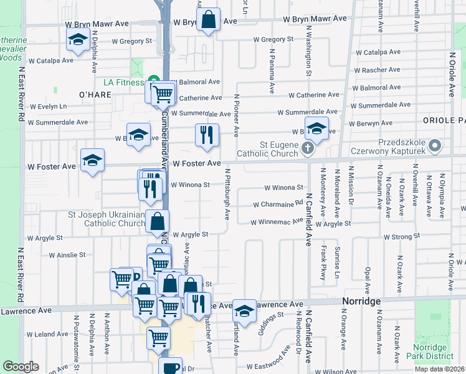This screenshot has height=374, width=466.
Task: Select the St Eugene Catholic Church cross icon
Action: point(307,148)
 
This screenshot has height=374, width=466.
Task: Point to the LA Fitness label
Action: point(123,82)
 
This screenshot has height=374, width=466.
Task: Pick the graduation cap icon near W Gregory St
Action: point(77,40)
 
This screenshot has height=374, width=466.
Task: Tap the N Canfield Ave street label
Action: point(308,220)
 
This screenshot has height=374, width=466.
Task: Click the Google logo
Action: point(21,367)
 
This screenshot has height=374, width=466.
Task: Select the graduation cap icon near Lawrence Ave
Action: point(245,311)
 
